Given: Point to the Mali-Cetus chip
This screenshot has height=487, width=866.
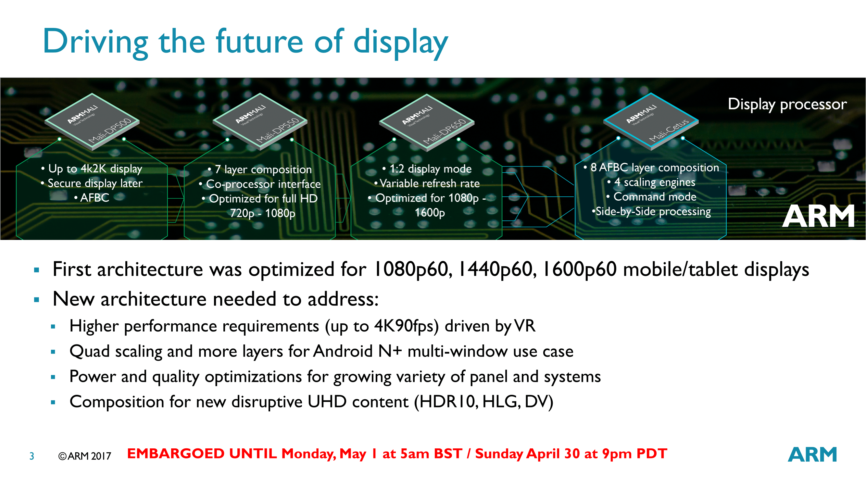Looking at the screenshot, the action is tap(651, 121).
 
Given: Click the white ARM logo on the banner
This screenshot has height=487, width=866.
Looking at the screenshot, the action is tap(818, 216).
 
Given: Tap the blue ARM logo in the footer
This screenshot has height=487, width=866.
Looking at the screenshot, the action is tap(812, 454).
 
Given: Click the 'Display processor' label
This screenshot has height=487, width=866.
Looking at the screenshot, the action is tap(787, 104).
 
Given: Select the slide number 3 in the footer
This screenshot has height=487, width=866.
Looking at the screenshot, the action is tap(32, 456).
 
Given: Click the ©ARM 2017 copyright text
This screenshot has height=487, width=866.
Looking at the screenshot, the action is tap(84, 456).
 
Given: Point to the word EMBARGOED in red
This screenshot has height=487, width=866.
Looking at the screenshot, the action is tap(176, 454).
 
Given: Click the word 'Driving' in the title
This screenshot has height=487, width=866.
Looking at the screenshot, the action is tap(95, 42).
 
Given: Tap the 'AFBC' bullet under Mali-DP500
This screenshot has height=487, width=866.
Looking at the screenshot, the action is tap(94, 198).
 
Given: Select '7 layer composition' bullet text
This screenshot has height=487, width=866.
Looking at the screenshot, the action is tap(263, 169).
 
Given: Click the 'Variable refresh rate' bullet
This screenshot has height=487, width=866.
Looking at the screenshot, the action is tap(430, 183).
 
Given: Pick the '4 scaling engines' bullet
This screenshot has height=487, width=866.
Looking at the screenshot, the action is tap(655, 182).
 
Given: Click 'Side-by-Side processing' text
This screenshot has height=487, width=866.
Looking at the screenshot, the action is tap(653, 212).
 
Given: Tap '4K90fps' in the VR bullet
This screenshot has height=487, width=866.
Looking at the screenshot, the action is tap(407, 326).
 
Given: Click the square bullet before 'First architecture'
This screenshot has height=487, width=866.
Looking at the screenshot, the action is tap(37, 270).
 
